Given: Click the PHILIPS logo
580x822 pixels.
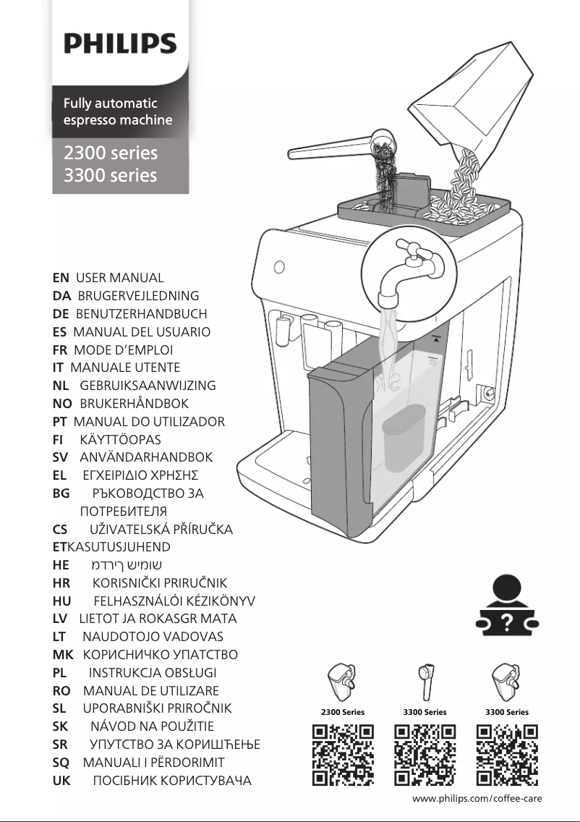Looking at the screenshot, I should (120, 44).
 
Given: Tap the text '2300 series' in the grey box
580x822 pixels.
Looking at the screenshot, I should (110, 153).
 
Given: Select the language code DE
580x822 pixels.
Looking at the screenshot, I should (61, 313).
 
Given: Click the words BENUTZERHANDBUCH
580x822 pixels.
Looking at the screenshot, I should (141, 313).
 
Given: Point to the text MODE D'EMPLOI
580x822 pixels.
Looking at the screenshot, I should (124, 349).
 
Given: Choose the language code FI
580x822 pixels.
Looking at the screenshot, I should (59, 439).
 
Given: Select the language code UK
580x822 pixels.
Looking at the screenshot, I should (61, 780).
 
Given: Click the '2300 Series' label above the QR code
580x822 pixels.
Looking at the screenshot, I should (343, 712).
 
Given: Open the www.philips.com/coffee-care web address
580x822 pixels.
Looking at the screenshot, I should (477, 798).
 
